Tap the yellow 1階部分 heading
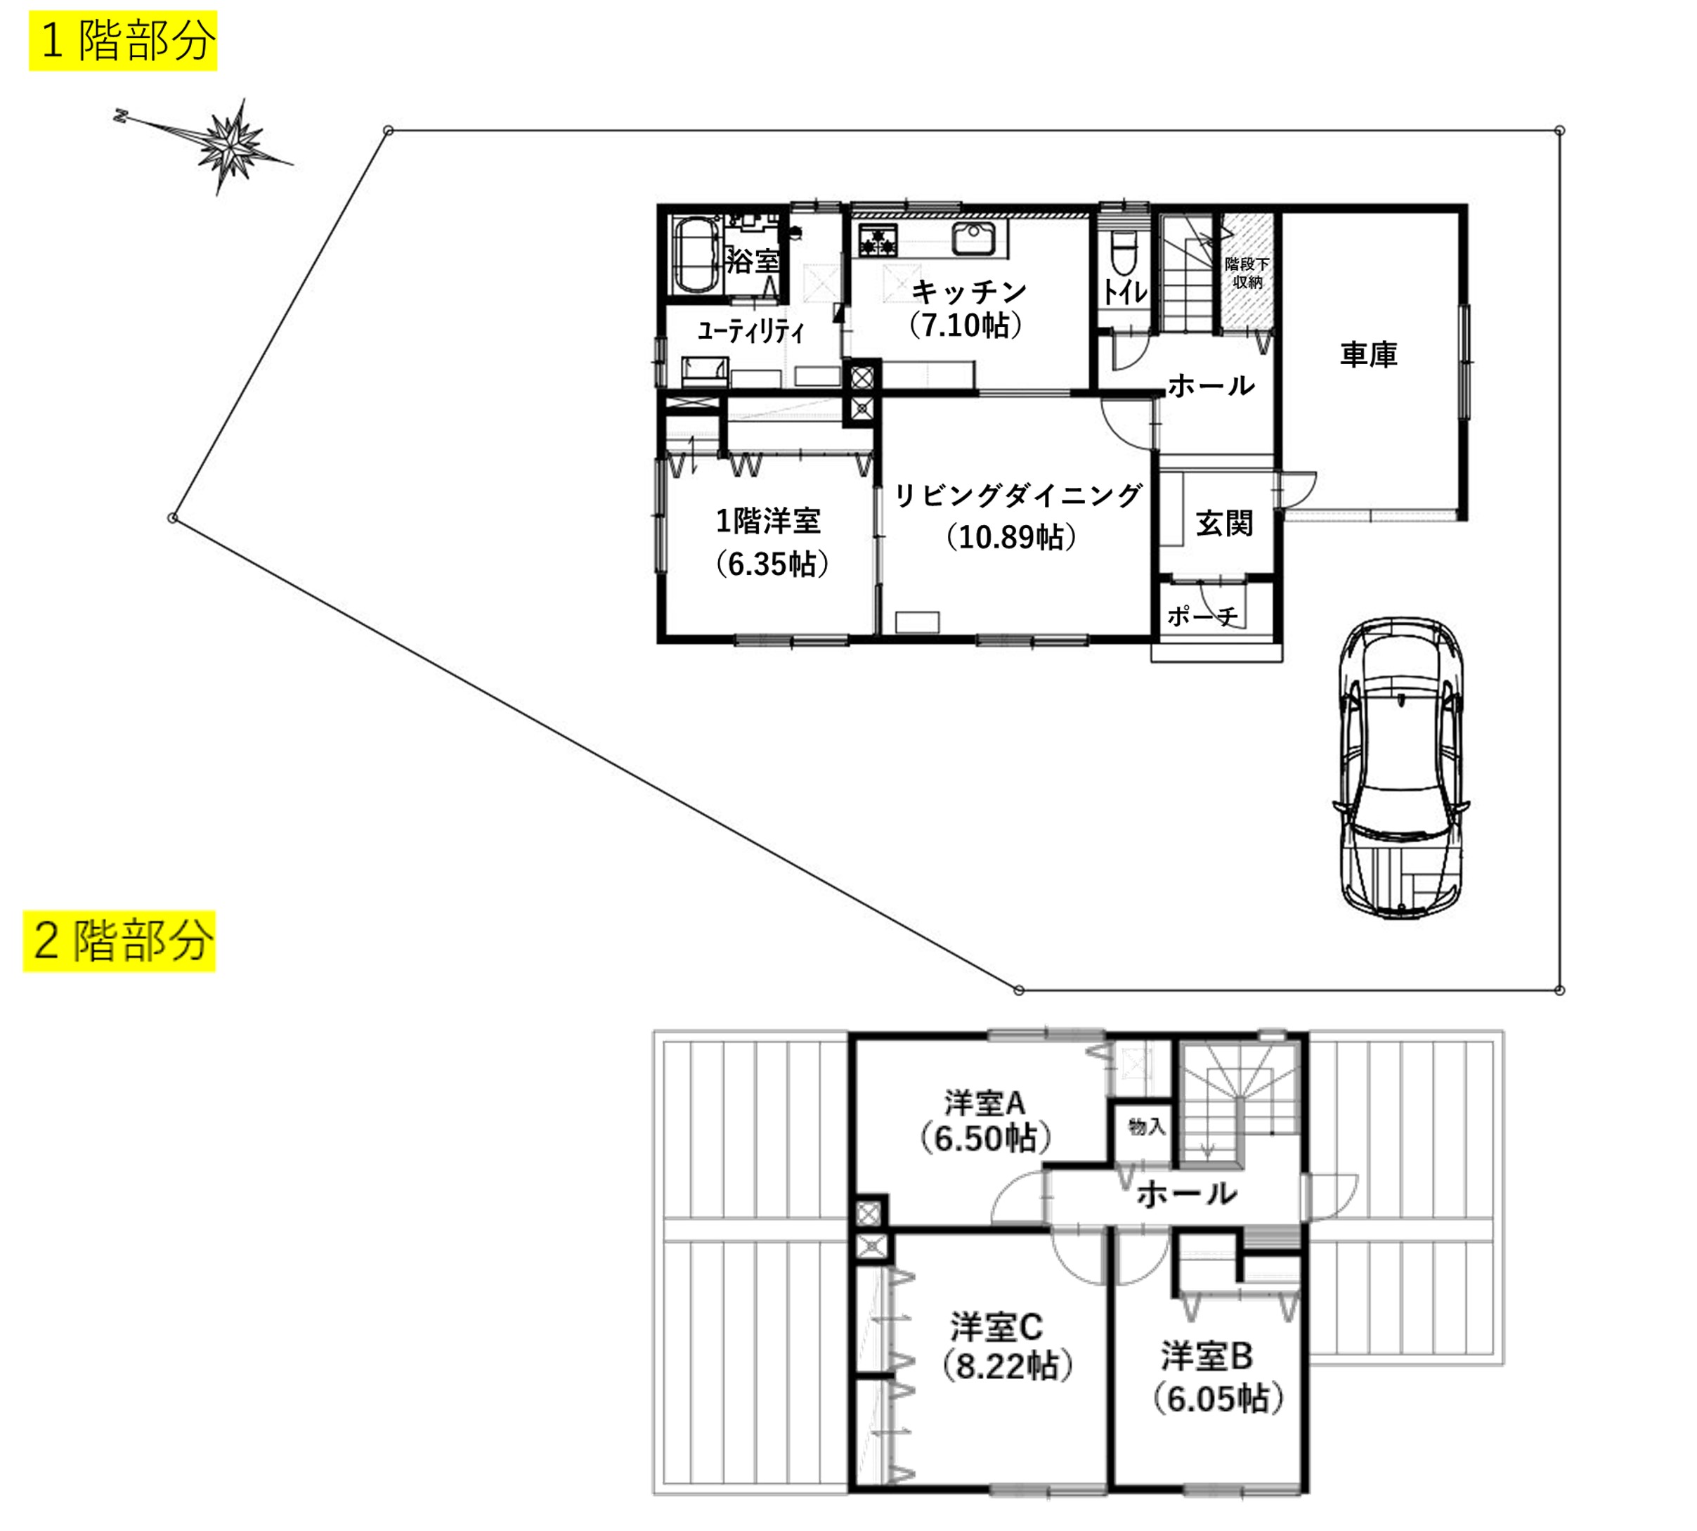pyautogui.click(x=124, y=40)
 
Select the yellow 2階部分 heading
pyautogui.click(x=119, y=941)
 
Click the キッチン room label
pyautogui.click(x=970, y=291)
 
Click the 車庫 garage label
pyautogui.click(x=1369, y=354)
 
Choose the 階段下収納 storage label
pyautogui.click(x=1247, y=273)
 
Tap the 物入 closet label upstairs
pyautogui.click(x=1146, y=1126)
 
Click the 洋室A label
pyautogui.click(x=984, y=1102)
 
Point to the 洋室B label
pyautogui.click(x=1207, y=1357)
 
